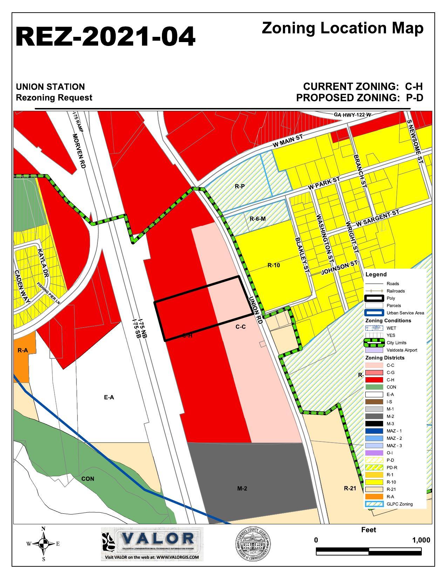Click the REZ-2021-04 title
105,36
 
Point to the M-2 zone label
242,488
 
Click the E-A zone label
109,397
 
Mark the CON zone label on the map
88,479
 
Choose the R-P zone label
240,186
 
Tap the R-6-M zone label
257,219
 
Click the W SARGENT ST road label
378,218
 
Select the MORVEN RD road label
79,151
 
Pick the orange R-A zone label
23,350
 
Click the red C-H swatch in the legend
374,380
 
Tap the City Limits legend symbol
374,343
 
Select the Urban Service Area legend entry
405,313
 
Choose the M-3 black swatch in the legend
374,424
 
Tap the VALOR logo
152,544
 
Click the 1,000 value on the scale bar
421,540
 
